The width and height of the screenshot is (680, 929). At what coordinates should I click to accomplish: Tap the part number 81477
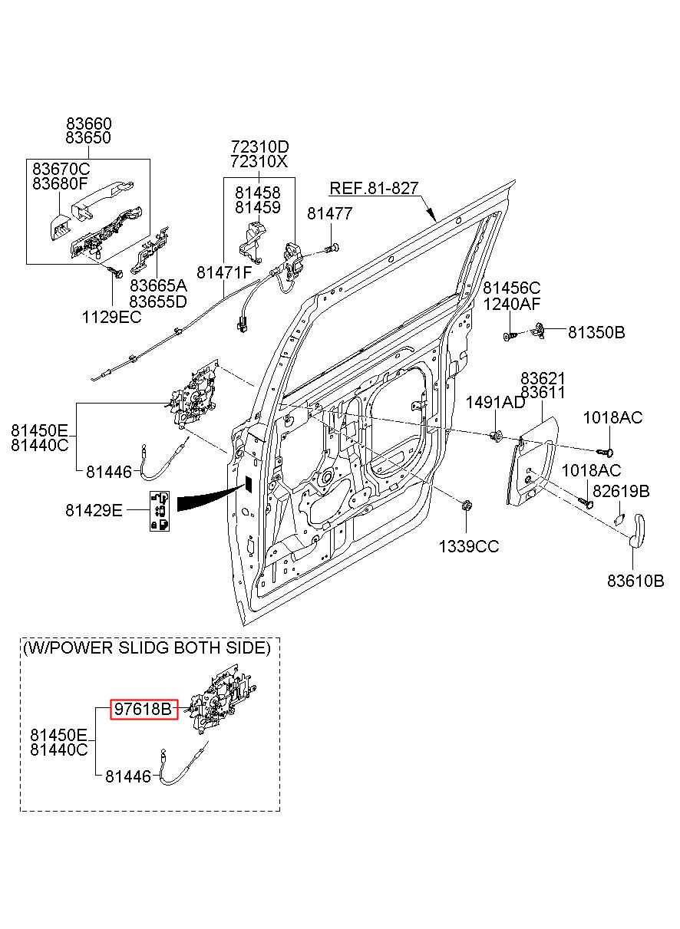(329, 213)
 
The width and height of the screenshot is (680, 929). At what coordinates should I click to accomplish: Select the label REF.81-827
(374, 188)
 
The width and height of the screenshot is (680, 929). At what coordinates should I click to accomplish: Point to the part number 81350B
(596, 332)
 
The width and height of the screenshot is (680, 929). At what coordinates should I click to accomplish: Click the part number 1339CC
(469, 547)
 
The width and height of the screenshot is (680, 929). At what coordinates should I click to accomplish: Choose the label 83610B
(635, 581)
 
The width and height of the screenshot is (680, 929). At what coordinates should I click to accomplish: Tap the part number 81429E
(94, 510)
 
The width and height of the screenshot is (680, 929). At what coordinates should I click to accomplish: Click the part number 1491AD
(495, 402)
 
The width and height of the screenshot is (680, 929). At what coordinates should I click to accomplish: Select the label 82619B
(621, 491)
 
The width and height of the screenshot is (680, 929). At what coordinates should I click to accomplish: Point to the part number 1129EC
(111, 318)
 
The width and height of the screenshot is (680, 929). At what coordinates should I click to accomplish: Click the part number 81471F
(224, 272)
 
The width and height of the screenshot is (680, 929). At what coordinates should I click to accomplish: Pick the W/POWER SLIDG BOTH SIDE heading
(147, 647)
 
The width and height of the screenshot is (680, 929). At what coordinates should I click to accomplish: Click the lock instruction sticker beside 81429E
(160, 511)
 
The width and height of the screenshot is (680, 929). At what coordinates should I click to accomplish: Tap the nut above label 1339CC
(466, 505)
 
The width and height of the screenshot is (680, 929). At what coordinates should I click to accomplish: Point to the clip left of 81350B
(539, 331)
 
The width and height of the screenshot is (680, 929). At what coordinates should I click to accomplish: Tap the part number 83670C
(61, 170)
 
